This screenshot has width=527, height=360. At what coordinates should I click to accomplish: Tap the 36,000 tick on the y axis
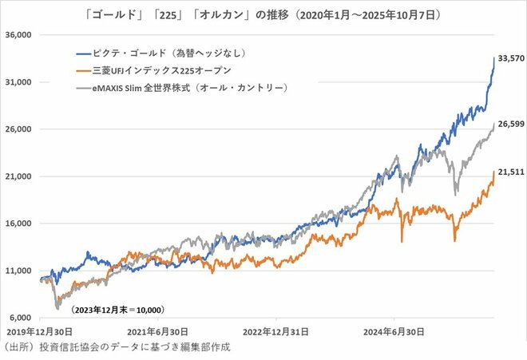click(x=17, y=35)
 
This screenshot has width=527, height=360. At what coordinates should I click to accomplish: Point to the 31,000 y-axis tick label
click(x=17, y=82)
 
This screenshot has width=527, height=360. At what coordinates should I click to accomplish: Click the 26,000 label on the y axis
click(x=17, y=129)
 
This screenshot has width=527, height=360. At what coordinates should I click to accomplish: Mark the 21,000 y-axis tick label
click(x=17, y=176)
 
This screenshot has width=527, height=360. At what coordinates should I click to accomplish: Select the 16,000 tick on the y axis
click(x=17, y=224)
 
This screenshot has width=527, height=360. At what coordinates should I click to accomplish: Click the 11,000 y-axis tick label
click(x=17, y=271)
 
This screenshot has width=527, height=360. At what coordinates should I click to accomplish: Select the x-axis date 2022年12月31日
click(x=275, y=331)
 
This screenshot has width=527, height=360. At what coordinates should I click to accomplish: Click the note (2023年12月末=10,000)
click(x=117, y=308)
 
